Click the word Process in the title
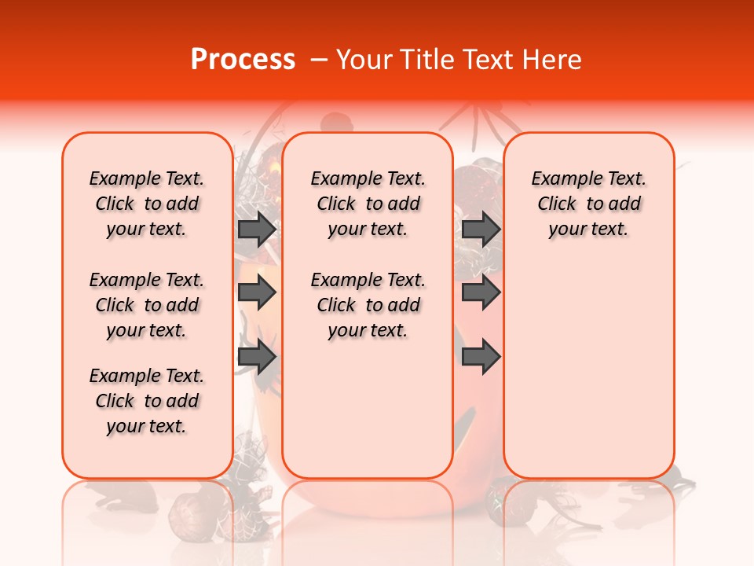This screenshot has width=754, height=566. tap(243, 60)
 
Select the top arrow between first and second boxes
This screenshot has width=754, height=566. tap(257, 229)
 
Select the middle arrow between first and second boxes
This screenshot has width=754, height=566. tap(257, 293)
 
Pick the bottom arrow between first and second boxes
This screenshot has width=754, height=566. tap(257, 357)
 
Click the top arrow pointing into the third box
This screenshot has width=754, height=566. tap(481, 229)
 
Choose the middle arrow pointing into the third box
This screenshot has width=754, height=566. tap(481, 293)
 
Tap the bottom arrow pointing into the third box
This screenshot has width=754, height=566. tap(481, 357)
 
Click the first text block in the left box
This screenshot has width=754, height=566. tap(147, 204)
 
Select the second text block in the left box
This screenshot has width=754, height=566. tap(147, 305)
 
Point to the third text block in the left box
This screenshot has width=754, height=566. tap(147, 401)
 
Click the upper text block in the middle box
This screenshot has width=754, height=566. tap(368, 204)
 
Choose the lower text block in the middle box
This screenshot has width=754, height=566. tap(368, 305)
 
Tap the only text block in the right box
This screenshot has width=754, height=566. tap(588, 204)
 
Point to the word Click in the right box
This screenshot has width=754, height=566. tap(557, 204)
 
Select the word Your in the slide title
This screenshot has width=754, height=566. tap(360, 60)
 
